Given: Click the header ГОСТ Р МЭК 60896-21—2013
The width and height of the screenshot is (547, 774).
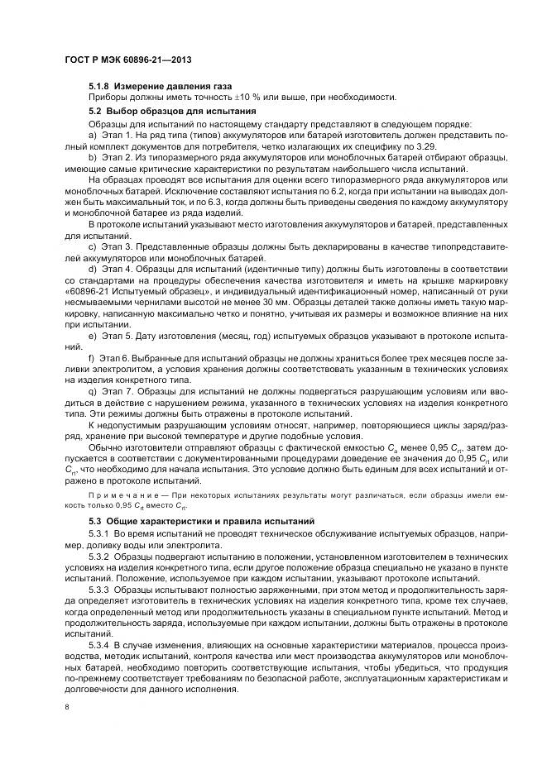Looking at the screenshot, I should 118,61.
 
